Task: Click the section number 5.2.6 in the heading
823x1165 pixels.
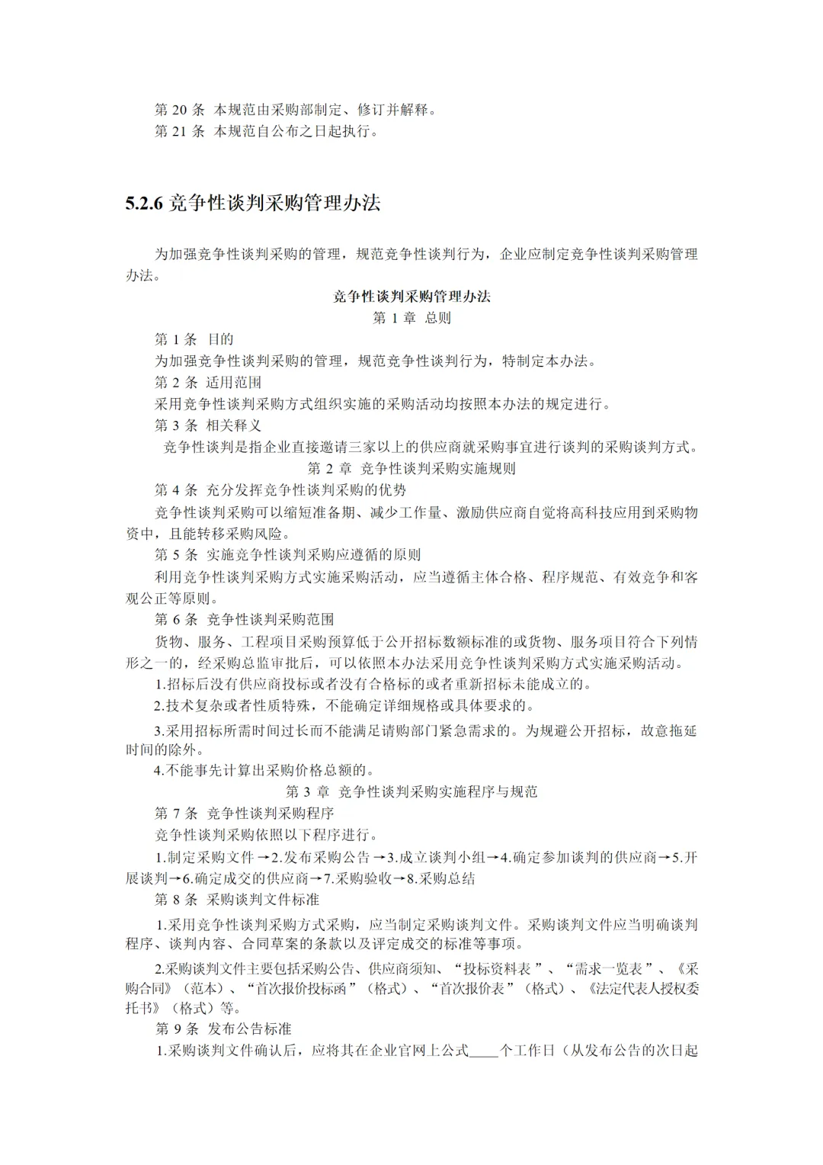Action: click(x=145, y=204)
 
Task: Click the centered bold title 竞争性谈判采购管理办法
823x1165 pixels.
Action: click(x=411, y=297)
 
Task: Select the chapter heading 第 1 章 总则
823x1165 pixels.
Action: click(x=411, y=318)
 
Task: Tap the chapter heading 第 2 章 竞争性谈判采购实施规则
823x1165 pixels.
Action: click(x=411, y=468)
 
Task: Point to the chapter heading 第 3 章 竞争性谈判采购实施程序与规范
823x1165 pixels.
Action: click(x=411, y=791)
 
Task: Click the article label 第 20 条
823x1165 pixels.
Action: click(x=179, y=110)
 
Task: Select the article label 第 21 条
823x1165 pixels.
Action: click(x=179, y=131)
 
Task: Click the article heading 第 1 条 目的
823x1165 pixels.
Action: click(x=194, y=339)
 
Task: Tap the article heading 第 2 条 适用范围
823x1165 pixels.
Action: click(x=207, y=382)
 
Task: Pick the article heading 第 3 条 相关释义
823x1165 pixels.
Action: click(x=207, y=425)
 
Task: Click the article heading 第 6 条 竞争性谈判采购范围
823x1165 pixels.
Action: click(x=244, y=619)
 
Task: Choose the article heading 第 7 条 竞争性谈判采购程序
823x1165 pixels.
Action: click(x=244, y=813)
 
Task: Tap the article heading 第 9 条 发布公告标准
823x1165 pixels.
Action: click(x=223, y=1029)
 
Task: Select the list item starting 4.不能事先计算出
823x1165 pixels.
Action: click(x=264, y=770)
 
